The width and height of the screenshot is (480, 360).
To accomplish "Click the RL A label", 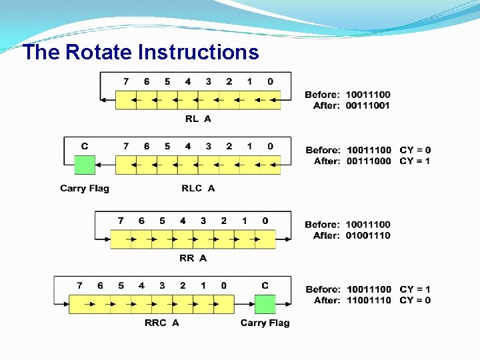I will (198, 119).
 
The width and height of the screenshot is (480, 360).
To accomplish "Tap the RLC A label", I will (198, 188).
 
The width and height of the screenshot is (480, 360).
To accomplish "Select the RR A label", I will (193, 257).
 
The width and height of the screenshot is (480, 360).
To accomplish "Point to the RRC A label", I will (162, 323).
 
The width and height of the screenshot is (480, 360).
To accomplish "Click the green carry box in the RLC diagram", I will (85, 164).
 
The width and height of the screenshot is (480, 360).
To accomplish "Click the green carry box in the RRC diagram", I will (265, 304).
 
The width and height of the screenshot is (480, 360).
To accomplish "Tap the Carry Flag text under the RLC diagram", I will (85, 188).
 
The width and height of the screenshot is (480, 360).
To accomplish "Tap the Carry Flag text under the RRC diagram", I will (265, 323).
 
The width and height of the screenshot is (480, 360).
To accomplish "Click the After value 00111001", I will (368, 105).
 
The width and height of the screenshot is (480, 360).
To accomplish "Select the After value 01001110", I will (368, 235).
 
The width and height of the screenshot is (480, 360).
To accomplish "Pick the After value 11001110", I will (368, 300).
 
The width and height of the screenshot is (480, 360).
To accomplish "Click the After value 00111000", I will (368, 161).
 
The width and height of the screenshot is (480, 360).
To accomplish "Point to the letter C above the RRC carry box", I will (265, 285).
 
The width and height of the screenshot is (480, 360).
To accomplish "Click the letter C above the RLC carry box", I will (85, 146).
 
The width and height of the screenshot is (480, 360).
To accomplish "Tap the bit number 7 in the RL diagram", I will (126, 81).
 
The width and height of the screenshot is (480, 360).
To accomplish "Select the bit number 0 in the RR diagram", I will (265, 221).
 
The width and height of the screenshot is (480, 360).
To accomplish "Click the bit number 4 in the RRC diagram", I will (141, 285).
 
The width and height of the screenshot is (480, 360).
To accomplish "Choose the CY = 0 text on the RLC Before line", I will (415, 150).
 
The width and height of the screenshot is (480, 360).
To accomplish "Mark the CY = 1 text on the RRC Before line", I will (415, 289).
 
